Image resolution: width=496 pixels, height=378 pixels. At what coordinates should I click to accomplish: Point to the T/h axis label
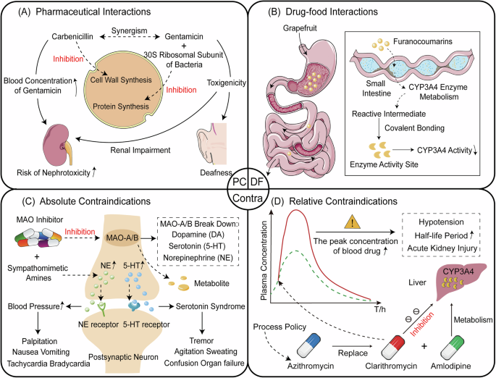(377, 309)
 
